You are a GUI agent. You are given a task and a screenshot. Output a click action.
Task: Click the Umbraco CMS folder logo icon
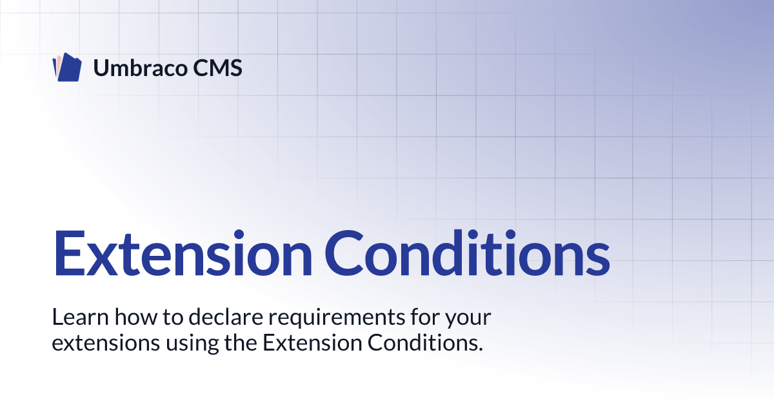[67, 67]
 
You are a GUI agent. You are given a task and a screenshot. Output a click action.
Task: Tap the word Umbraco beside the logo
[141, 68]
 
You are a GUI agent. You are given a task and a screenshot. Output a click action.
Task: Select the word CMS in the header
[217, 68]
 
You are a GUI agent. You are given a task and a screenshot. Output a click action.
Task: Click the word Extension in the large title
[183, 253]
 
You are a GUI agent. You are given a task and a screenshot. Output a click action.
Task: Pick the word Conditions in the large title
[467, 253]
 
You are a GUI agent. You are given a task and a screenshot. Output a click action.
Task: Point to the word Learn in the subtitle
[80, 317]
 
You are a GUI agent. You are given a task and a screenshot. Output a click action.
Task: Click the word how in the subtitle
[136, 317]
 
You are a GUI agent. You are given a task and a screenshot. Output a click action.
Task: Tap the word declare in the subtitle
[226, 317]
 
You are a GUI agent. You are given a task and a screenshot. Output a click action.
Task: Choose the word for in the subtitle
[424, 317]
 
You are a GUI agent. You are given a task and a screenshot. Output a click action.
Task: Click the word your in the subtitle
[468, 320]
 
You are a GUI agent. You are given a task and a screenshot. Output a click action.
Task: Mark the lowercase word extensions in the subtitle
[106, 343]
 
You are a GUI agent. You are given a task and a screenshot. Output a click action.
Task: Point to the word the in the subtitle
[241, 343]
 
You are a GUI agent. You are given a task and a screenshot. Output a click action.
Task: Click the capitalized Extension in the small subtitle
[312, 343]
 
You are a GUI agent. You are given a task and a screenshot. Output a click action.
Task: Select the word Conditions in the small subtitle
[422, 343]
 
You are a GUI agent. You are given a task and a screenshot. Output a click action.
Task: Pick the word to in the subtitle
[173, 318]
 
